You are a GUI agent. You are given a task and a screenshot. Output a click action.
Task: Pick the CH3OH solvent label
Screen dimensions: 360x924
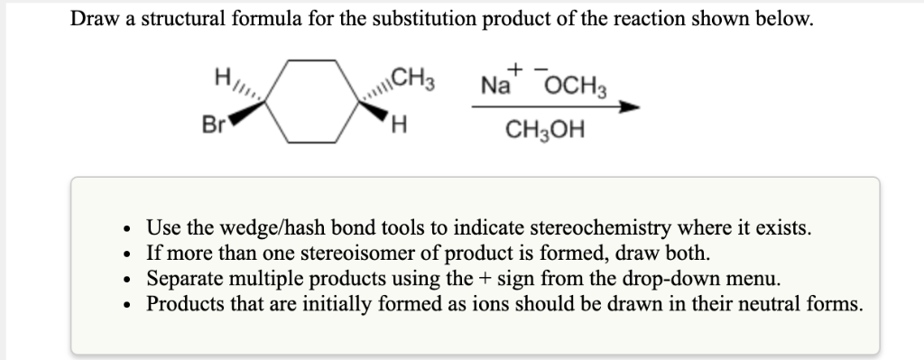544,133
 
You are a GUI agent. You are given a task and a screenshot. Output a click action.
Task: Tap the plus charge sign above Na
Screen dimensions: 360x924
515,68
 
